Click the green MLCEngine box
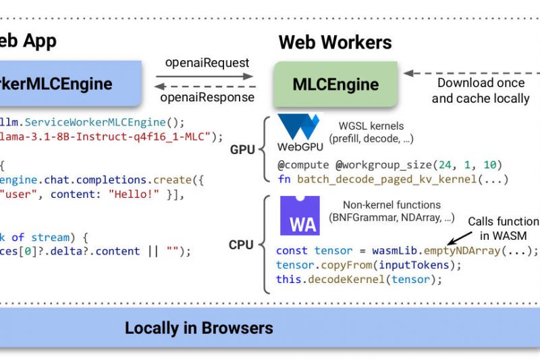point(335,85)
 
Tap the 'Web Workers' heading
point(335,43)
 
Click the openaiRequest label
point(207,63)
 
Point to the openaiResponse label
point(207,97)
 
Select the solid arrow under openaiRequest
point(206,75)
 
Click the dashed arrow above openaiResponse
point(206,86)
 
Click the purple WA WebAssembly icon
point(300,215)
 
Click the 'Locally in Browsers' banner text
point(199,329)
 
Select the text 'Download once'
point(481,83)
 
